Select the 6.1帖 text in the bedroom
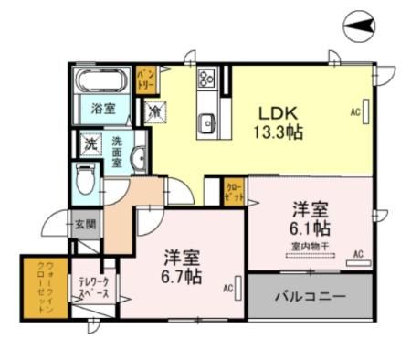click(x=311, y=228)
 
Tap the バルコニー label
click(x=311, y=298)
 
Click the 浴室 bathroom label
click(x=102, y=109)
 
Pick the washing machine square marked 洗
click(x=90, y=143)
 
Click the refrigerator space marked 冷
click(x=157, y=111)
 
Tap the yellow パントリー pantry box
click(x=146, y=78)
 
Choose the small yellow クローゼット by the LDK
click(x=234, y=192)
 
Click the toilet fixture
click(x=85, y=180)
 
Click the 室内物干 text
click(x=311, y=245)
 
